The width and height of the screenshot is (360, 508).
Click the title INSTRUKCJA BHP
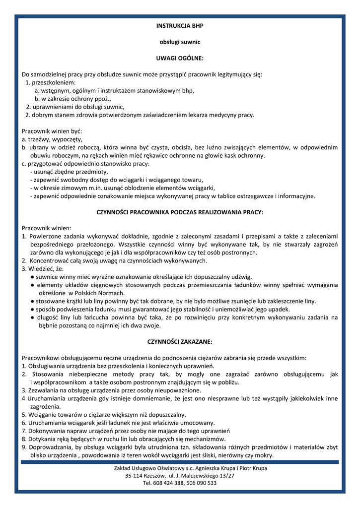(x=180, y=25)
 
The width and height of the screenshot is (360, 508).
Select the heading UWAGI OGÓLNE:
(x=180, y=58)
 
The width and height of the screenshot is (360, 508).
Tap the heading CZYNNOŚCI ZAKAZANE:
(x=180, y=341)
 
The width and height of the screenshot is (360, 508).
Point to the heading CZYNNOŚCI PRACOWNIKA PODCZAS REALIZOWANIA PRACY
(x=180, y=212)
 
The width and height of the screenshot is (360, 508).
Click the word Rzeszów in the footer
(x=160, y=475)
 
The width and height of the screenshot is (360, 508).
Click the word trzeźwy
(x=41, y=139)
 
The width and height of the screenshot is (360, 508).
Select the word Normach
(x=110, y=293)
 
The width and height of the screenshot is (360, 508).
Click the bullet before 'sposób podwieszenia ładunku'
(x=32, y=309)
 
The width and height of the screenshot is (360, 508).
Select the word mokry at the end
(x=263, y=455)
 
